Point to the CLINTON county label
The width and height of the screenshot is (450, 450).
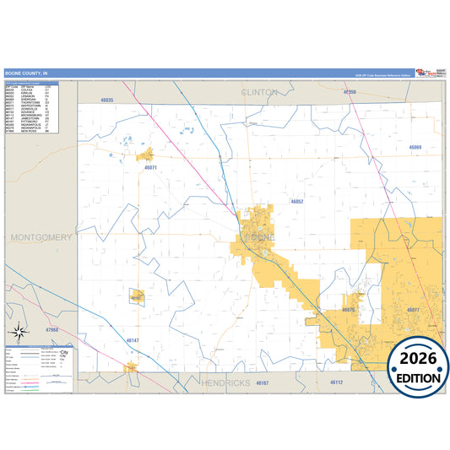click(x=259, y=91)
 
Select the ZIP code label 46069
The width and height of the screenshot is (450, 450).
click(x=415, y=148)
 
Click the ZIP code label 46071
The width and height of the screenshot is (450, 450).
click(x=151, y=168)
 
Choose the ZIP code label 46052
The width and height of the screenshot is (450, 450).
click(x=296, y=202)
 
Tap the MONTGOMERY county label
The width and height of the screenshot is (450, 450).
click(x=41, y=237)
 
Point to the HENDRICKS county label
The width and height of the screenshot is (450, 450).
click(x=226, y=382)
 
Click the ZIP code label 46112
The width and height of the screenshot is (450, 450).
click(x=336, y=382)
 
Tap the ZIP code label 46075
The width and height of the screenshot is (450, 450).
click(x=350, y=310)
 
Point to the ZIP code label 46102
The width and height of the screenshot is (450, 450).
click(x=136, y=297)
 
